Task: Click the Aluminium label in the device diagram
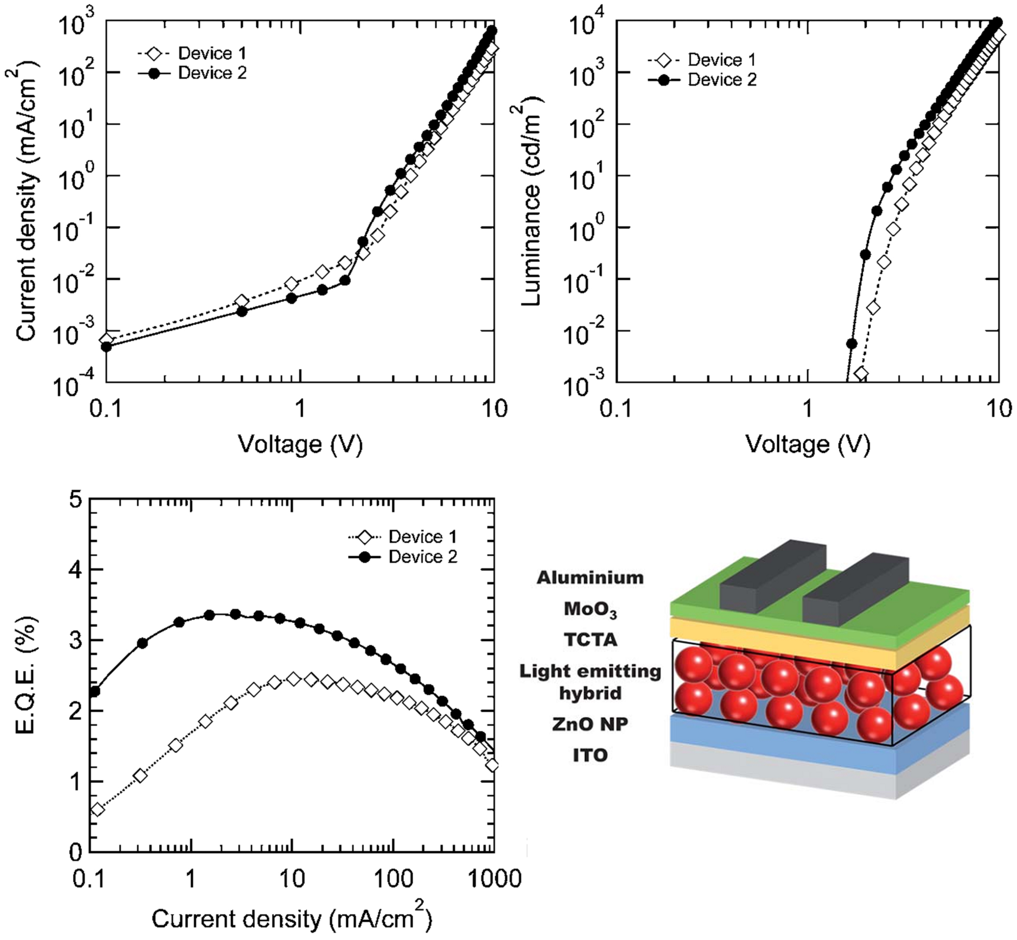[x=590, y=578]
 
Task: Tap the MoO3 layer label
[x=590, y=609]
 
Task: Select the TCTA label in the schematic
[x=590, y=639]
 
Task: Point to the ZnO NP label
[x=590, y=724]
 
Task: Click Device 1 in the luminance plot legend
[x=721, y=60]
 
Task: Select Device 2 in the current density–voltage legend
[x=212, y=73]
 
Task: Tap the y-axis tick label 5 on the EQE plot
[x=75, y=501]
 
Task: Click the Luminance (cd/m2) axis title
[x=532, y=203]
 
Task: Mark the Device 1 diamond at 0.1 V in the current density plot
[x=106, y=339]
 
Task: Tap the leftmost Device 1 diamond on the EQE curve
[x=97, y=809]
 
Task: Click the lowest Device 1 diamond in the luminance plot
[x=861, y=374]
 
